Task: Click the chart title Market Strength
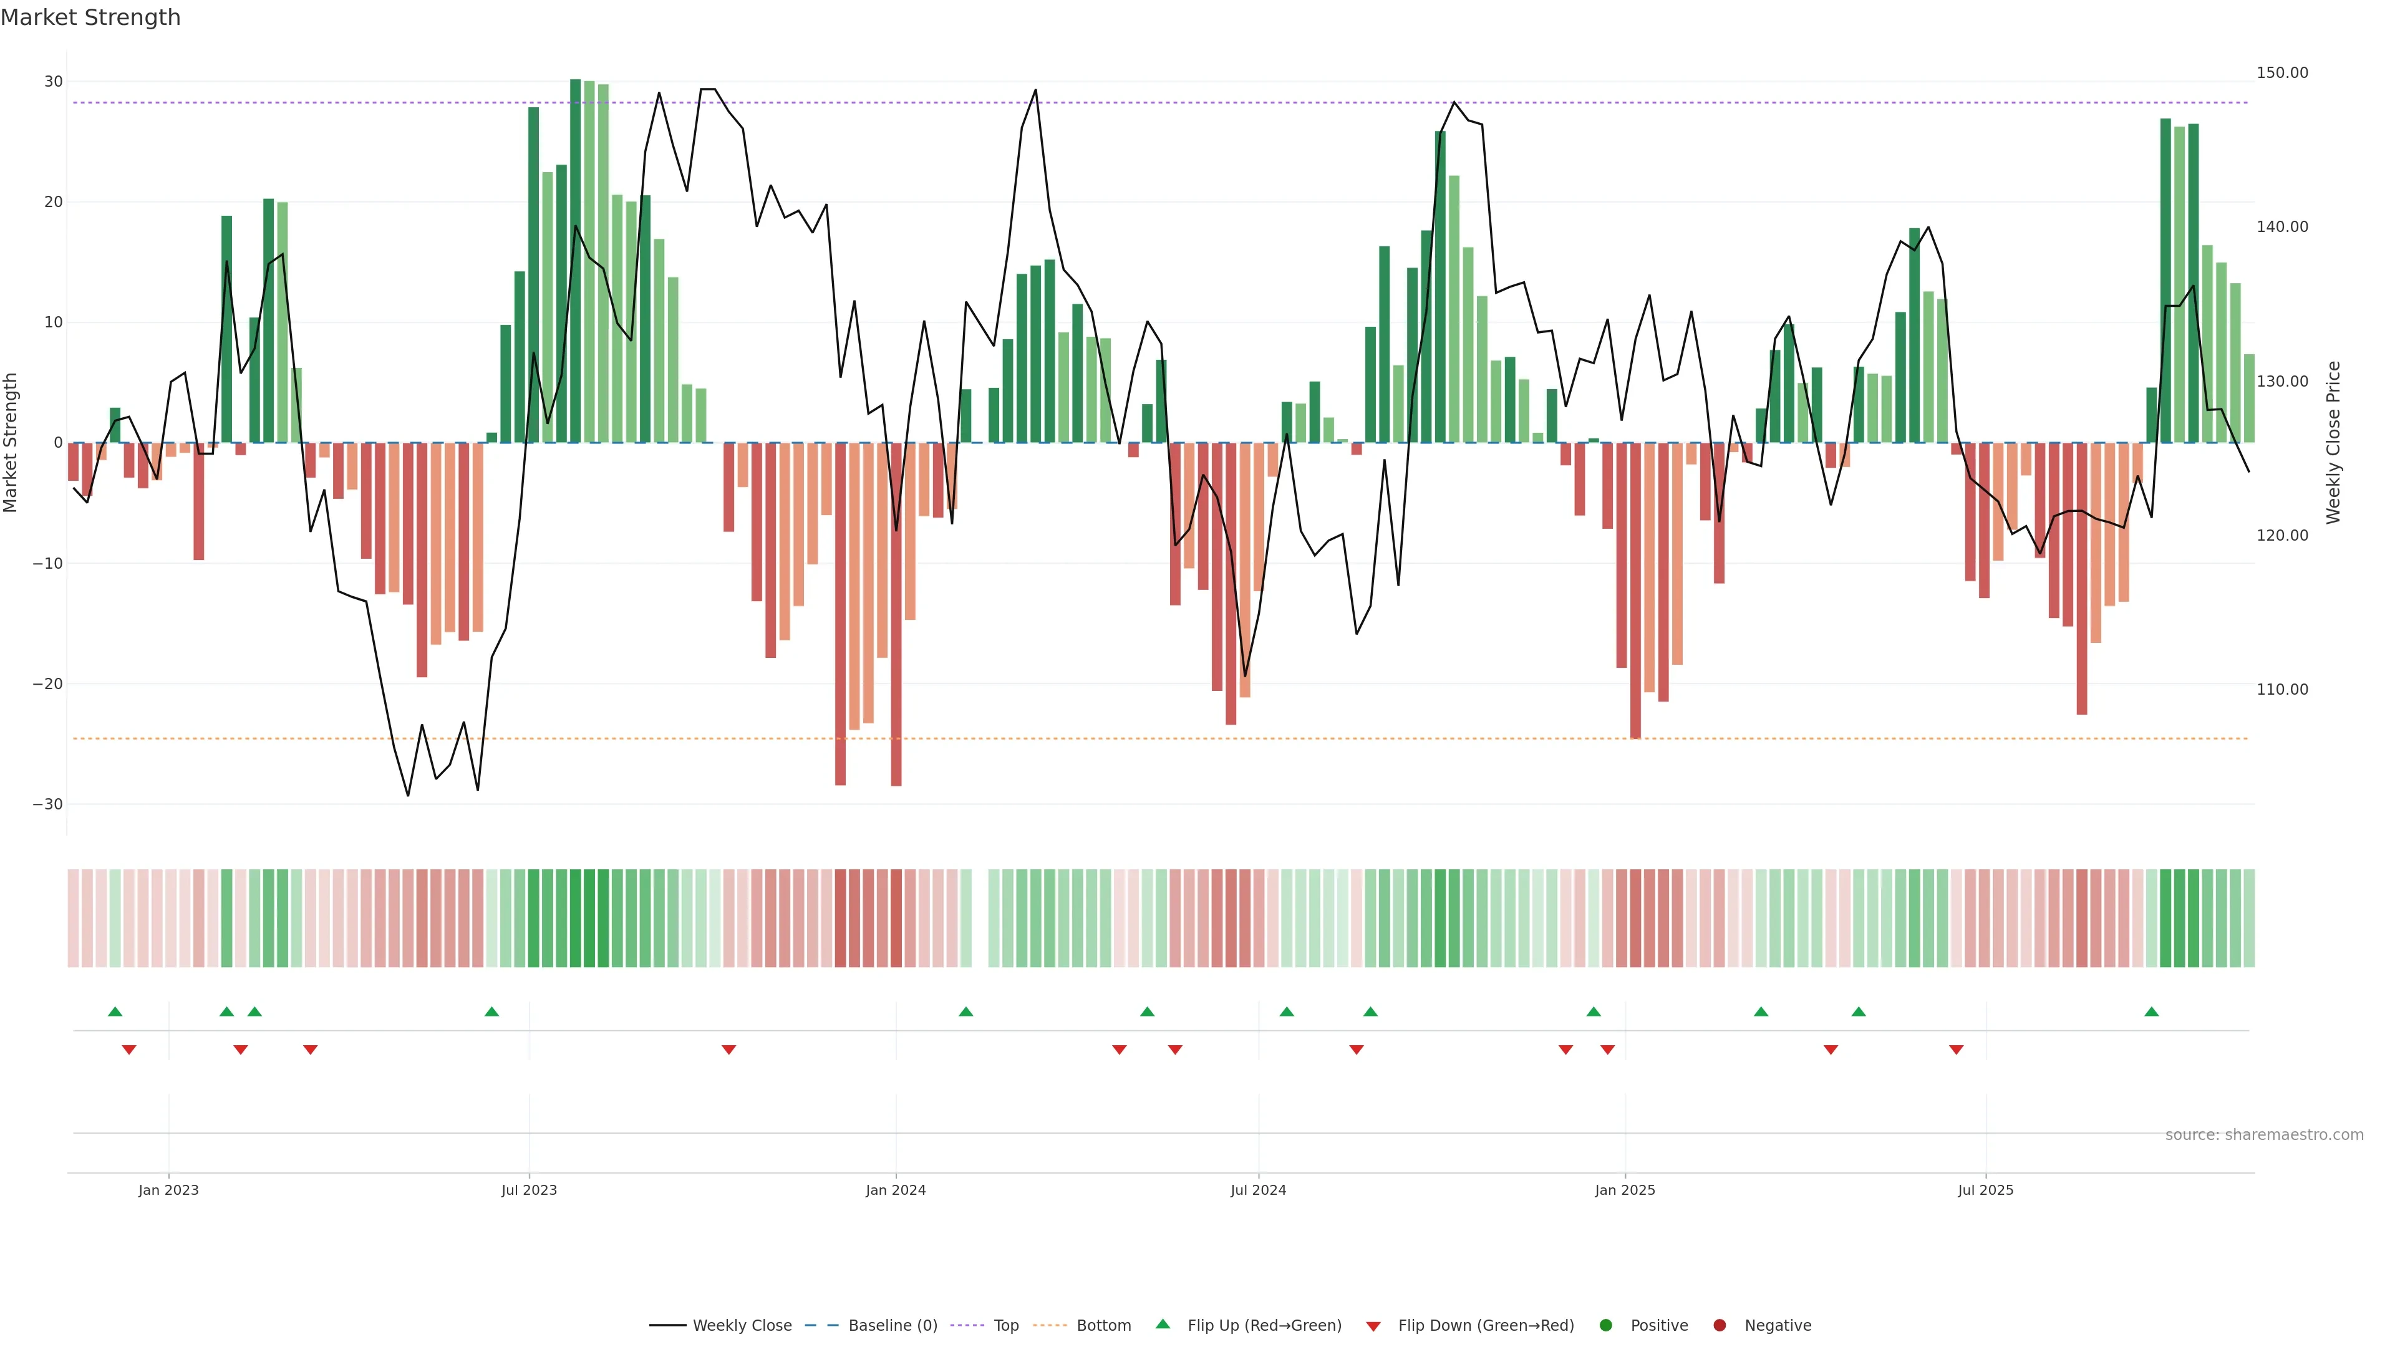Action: [x=90, y=17]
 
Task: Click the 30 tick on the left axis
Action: [x=53, y=82]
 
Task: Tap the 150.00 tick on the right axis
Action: [x=2281, y=72]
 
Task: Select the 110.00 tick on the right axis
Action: [x=2281, y=690]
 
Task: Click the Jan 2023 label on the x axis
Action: [x=168, y=1190]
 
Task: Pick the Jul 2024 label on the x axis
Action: [x=1258, y=1190]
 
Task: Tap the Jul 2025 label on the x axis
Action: [x=1985, y=1190]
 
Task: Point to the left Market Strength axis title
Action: [x=11, y=443]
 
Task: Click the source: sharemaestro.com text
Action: [x=2264, y=1135]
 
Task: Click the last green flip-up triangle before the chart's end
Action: [x=2151, y=1011]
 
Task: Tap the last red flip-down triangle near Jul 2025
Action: [x=1956, y=1050]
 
